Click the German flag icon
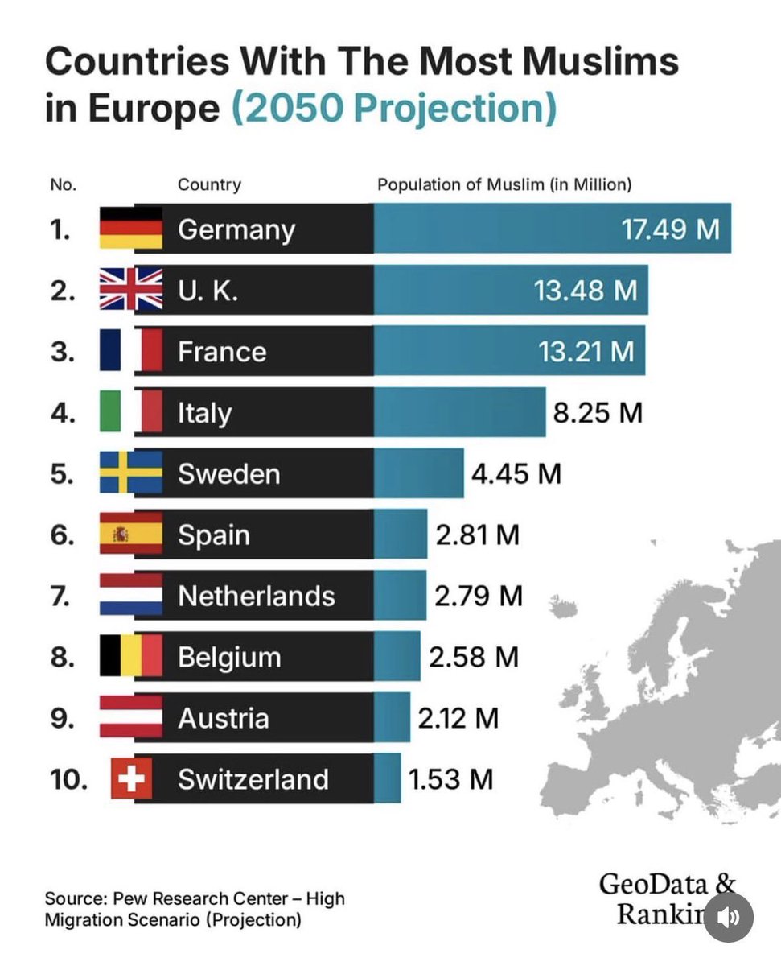pyautogui.click(x=130, y=229)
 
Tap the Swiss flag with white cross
pyautogui.click(x=130, y=779)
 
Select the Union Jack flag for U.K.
pyautogui.click(x=130, y=290)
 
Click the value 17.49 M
pyautogui.click(x=670, y=229)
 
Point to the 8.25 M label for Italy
pyautogui.click(x=598, y=413)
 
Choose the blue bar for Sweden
pyautogui.click(x=418, y=473)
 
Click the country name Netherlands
pyautogui.click(x=256, y=596)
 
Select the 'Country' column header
pyautogui.click(x=209, y=184)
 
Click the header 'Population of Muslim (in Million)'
pyautogui.click(x=504, y=184)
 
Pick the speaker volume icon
pyautogui.click(x=729, y=916)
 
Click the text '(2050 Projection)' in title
pyautogui.click(x=394, y=107)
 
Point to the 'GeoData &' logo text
pyautogui.click(x=667, y=883)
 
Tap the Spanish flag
pyautogui.click(x=130, y=535)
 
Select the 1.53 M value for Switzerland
pyautogui.click(x=450, y=779)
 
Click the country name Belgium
pyautogui.click(x=229, y=657)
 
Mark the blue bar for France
pyautogui.click(x=508, y=351)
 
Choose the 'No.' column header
pyautogui.click(x=63, y=184)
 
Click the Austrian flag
pyautogui.click(x=130, y=718)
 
